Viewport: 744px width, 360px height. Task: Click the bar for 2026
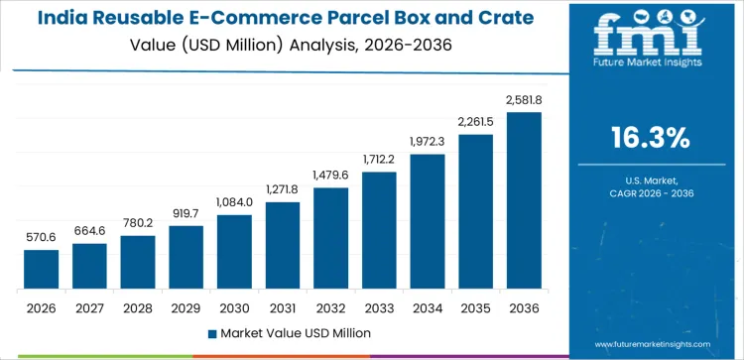(x=41, y=270)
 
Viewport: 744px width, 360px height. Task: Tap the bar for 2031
(x=283, y=246)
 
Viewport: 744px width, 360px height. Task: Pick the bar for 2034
(x=428, y=222)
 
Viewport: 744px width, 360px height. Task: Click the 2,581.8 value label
(x=525, y=99)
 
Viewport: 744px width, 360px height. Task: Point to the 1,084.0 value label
(x=234, y=202)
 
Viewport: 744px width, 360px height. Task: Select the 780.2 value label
(x=138, y=223)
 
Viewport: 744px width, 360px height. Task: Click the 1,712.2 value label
(x=380, y=160)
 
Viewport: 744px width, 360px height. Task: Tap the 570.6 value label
(x=41, y=238)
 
